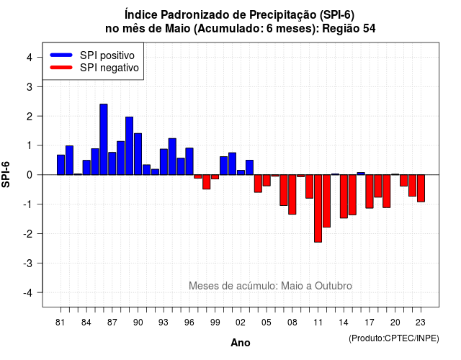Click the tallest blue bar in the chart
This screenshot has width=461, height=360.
(x=104, y=139)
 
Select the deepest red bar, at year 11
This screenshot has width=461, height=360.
(x=318, y=208)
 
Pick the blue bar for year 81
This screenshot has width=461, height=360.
(x=61, y=165)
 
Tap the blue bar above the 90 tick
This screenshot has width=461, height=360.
(x=138, y=154)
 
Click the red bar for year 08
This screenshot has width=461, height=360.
(x=292, y=194)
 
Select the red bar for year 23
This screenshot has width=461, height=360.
(x=421, y=189)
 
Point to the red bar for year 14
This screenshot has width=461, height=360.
(x=344, y=197)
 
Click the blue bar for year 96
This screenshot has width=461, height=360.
(x=189, y=161)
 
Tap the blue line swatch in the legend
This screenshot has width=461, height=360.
(x=61, y=55)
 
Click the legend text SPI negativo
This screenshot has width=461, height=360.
(x=109, y=68)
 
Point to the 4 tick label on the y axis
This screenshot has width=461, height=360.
(x=30, y=58)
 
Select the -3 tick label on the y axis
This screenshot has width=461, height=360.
(x=27, y=264)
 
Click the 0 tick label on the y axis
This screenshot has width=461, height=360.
(x=30, y=175)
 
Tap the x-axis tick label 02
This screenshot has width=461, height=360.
(x=241, y=323)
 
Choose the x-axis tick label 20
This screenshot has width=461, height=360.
(x=395, y=323)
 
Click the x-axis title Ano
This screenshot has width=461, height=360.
(x=240, y=343)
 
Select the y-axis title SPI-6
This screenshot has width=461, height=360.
(x=6, y=174)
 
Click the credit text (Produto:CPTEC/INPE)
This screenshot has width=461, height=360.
(x=394, y=338)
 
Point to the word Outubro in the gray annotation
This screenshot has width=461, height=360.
(x=333, y=286)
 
